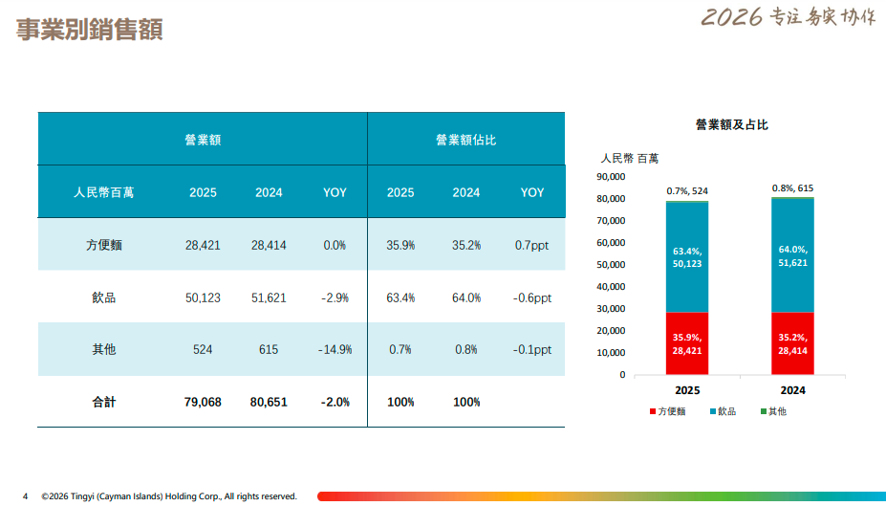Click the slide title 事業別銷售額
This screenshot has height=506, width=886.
pos(90,30)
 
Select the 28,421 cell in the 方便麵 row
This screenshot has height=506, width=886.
pos(203,245)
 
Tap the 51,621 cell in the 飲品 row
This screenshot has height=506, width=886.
pos(269,297)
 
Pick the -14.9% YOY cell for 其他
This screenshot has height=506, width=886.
pos(335,349)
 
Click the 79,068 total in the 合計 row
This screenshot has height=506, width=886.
pos(203,402)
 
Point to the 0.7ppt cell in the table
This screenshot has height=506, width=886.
pos(532,245)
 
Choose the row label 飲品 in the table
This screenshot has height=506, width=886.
pos(103,297)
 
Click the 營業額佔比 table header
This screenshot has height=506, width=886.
pos(465,140)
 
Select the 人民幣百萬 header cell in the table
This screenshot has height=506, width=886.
pos(103,192)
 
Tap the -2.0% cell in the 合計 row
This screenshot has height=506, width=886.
pos(335,402)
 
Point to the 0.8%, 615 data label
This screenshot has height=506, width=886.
pos(792,188)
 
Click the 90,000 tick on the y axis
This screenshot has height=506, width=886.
pos(610,176)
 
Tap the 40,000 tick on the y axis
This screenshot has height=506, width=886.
pos(610,286)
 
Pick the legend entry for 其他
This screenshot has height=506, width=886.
pos(773,411)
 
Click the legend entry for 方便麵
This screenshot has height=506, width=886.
pos(666,411)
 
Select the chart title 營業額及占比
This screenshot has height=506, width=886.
pos(732,124)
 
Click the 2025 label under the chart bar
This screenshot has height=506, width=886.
pos(687,390)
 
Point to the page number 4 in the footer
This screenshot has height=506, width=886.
pos(26,495)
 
